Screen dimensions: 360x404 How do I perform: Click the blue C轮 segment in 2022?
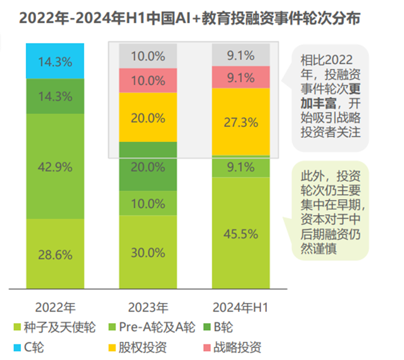click(55, 61)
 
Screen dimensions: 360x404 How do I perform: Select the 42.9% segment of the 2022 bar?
click(55, 166)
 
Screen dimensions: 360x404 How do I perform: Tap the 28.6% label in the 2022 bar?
click(55, 255)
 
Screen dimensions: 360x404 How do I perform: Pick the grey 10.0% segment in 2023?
click(148, 56)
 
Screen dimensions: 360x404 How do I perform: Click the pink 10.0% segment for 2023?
click(148, 80)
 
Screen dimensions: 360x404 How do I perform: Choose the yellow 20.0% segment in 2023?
click(148, 118)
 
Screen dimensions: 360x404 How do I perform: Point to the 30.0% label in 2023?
click(148, 252)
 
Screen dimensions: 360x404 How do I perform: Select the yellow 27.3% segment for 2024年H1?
click(241, 122)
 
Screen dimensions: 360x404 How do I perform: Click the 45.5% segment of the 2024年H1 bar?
click(241, 233)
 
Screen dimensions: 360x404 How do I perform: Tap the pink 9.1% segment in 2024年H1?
click(241, 77)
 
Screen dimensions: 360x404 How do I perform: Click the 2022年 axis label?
click(55, 308)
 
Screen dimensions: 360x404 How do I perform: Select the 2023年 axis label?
click(148, 308)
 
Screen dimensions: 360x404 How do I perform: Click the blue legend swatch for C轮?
click(17, 347)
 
